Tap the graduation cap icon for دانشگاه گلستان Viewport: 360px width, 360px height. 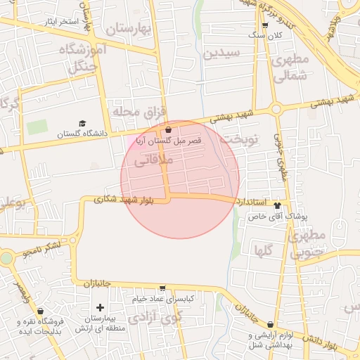[x=82, y=124]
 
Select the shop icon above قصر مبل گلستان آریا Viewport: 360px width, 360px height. [x=168, y=130]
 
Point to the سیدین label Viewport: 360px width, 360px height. [x=221, y=53]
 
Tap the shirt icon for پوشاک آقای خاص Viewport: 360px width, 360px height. [x=277, y=206]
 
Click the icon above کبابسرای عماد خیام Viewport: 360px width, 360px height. [x=163, y=288]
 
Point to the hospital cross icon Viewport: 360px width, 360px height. [x=100, y=307]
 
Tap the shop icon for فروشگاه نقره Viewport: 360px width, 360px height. [x=40, y=311]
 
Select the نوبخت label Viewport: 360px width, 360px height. [x=239, y=139]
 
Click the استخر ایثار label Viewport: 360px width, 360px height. [x=59, y=22]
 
